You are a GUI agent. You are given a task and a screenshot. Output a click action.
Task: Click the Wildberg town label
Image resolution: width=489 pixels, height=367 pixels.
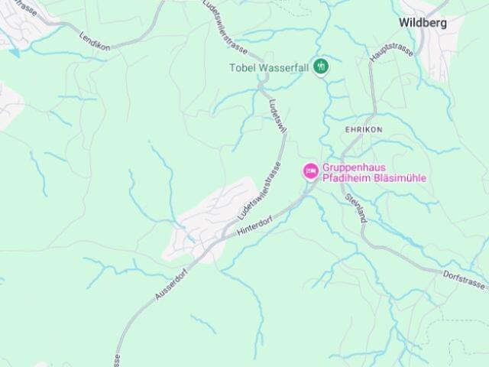423,23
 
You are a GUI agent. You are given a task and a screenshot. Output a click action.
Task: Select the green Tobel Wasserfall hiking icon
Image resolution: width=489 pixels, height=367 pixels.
322,67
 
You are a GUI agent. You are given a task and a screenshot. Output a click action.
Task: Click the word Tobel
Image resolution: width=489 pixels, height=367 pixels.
244,67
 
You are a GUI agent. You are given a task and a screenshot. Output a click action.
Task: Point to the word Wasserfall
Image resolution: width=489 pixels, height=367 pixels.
287,67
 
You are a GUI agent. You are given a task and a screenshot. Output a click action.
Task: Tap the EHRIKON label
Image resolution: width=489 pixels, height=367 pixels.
363,130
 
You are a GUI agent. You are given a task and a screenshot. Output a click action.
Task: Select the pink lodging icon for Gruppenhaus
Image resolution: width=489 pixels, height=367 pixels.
310,171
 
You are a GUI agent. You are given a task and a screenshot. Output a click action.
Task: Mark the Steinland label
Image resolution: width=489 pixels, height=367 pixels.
355,207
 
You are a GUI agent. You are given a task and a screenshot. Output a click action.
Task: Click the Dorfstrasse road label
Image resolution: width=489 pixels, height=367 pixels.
464,278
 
